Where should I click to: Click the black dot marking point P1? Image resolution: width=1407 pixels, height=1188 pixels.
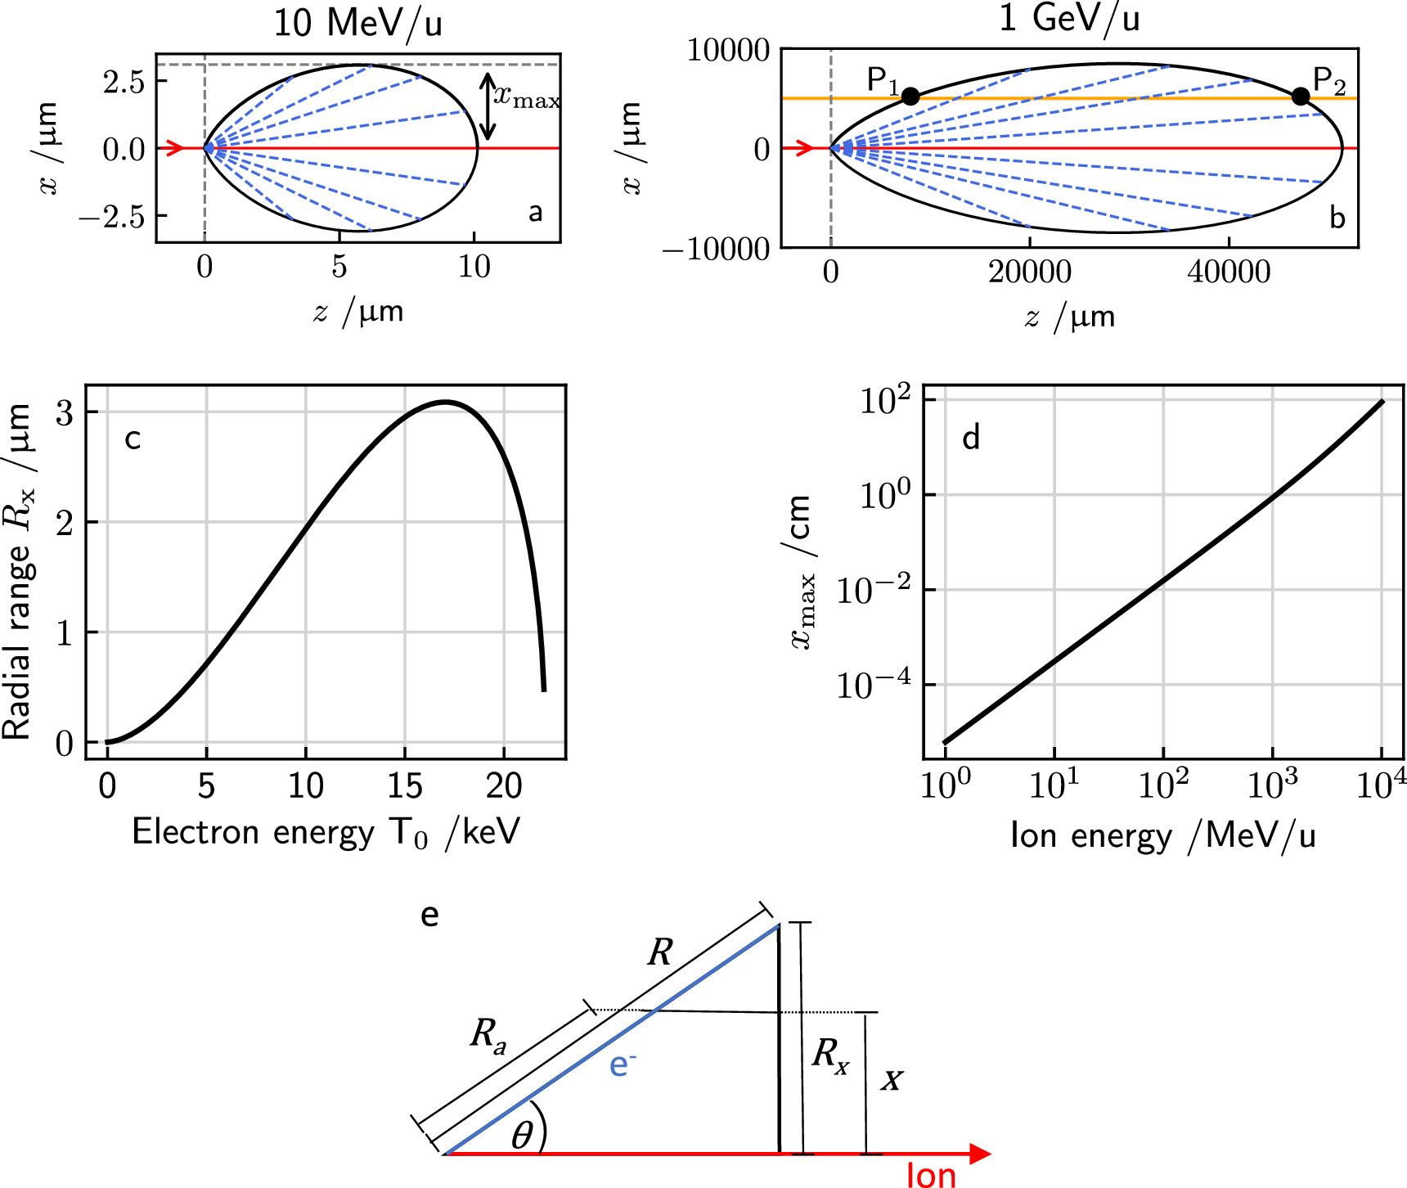tap(910, 97)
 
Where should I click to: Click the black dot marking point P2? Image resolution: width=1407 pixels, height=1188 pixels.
tap(1301, 97)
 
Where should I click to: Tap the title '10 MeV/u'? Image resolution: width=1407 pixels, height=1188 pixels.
tap(357, 23)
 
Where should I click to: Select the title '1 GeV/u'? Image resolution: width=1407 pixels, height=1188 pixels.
tap(1069, 18)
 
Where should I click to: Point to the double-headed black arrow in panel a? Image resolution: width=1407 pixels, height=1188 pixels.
tap(488, 106)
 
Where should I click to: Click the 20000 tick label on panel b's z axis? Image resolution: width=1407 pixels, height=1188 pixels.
tap(1029, 272)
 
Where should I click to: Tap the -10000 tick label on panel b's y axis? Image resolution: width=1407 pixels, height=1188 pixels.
tap(717, 250)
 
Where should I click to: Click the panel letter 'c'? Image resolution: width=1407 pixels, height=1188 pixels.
tap(133, 439)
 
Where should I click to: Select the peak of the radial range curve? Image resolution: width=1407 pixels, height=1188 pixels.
tap(445, 402)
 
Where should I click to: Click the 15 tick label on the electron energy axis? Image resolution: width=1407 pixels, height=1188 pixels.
tap(404, 787)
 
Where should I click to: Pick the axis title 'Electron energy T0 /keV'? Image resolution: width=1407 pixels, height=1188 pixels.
tap(326, 833)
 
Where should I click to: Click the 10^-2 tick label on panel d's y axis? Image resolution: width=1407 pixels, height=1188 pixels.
tap(874, 591)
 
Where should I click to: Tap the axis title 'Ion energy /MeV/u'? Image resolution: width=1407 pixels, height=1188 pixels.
tap(1162, 836)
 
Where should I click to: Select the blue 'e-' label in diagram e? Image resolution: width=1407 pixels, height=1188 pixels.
tap(623, 1064)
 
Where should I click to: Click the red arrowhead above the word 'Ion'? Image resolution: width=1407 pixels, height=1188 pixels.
tap(979, 1154)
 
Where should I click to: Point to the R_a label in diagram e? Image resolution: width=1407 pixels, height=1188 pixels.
tap(488, 1036)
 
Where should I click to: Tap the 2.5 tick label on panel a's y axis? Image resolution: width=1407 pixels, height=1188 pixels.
tap(124, 82)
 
